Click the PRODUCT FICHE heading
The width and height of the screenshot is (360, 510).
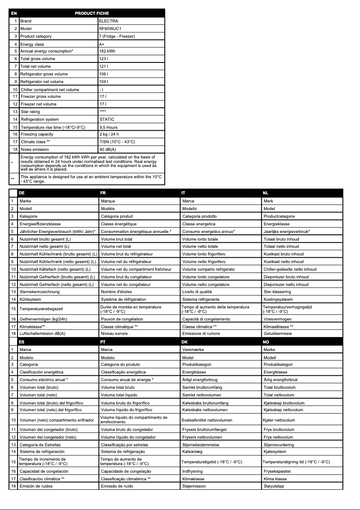[x=92, y=13]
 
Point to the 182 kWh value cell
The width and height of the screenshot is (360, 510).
[x=107, y=52]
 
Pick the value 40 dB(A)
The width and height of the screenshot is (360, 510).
[x=108, y=149]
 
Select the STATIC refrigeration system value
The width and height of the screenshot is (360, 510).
[x=107, y=119]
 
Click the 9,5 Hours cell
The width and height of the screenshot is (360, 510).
[x=108, y=127]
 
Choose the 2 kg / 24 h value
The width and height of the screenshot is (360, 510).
[x=109, y=134]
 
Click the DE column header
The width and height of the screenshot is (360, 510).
[x=22, y=193]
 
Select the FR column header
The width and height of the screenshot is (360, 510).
[x=104, y=193]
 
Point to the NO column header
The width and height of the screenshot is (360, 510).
[x=267, y=341]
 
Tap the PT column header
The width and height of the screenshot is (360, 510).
[x=104, y=341]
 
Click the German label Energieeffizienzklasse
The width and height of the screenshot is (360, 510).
[x=40, y=224]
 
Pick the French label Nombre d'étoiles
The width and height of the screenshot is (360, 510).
[x=118, y=292]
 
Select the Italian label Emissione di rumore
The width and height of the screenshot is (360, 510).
[x=201, y=334]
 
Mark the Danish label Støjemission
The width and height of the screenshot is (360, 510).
[x=194, y=486]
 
